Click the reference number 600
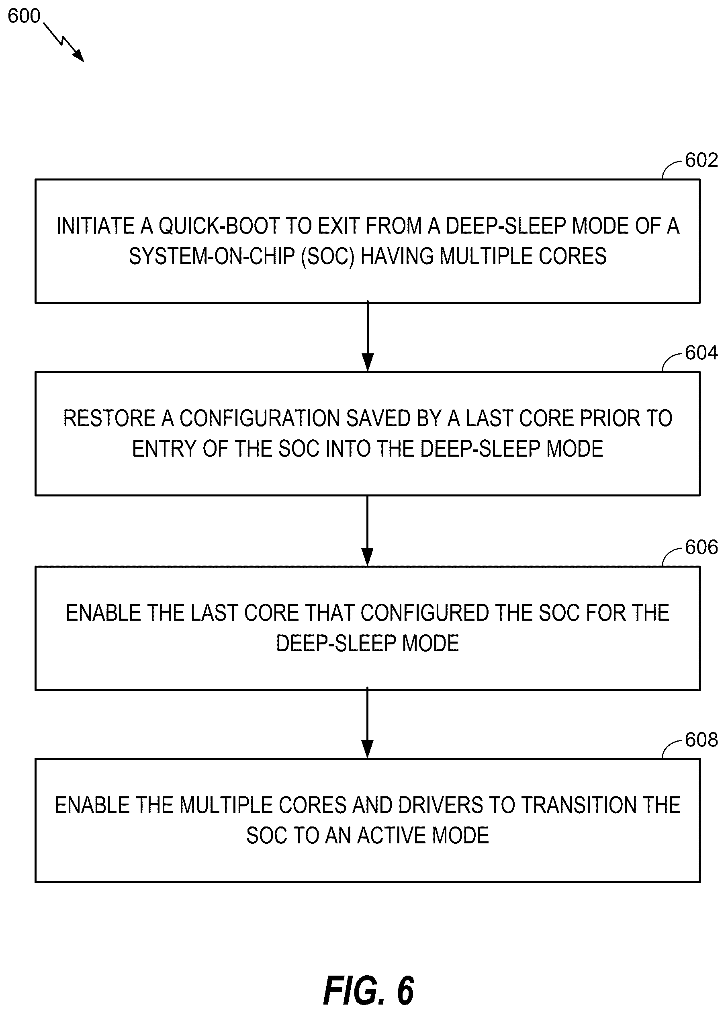click(24, 16)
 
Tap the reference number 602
click(701, 160)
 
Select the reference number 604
click(701, 353)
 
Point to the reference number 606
click(701, 548)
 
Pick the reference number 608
click(701, 740)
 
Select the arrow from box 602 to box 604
click(368, 336)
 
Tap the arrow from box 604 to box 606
click(368, 531)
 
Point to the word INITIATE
click(96, 226)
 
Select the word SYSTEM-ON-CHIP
click(212, 256)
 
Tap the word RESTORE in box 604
click(109, 418)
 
